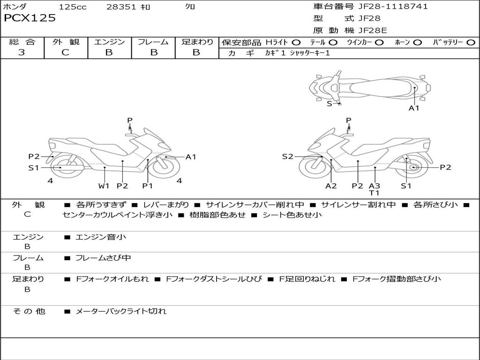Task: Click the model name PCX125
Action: click(x=30, y=18)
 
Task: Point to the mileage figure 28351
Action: click(x=121, y=7)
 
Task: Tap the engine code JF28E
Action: click(x=373, y=30)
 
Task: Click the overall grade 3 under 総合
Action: click(x=22, y=52)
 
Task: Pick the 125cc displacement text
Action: click(x=73, y=7)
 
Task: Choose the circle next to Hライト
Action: click(x=296, y=42)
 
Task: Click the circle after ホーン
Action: click(x=418, y=42)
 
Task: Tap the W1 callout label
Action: click(x=104, y=186)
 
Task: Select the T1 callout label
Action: click(x=374, y=193)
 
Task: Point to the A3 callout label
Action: click(x=374, y=186)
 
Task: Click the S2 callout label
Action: click(x=287, y=157)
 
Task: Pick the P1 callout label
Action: click(x=148, y=186)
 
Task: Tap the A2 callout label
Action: click(x=331, y=186)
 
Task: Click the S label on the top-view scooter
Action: click(x=329, y=104)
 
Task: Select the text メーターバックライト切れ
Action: click(x=121, y=311)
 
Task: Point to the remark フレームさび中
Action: click(x=103, y=258)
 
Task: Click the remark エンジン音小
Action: click(x=101, y=237)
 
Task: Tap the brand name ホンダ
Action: click(x=15, y=7)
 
